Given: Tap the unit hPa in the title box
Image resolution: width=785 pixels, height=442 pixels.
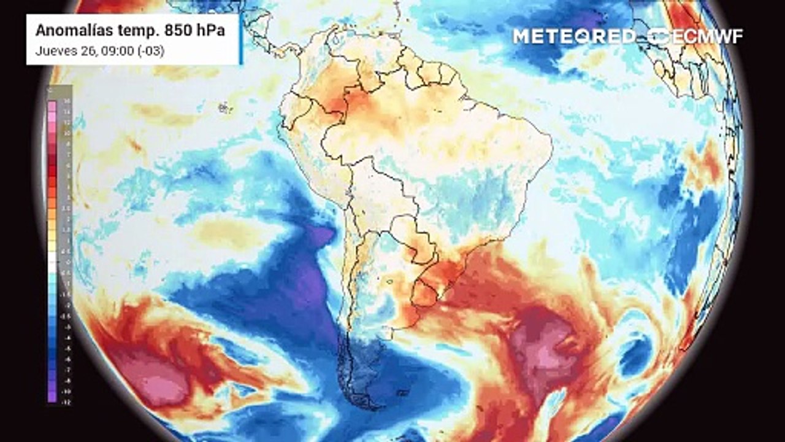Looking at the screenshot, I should (205, 31).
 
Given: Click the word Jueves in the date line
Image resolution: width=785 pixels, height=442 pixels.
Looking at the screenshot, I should (53, 52).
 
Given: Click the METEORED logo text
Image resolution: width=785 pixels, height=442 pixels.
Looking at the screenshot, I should (574, 36).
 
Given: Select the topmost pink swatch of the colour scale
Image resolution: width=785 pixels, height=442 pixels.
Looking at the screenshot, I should (52, 106).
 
